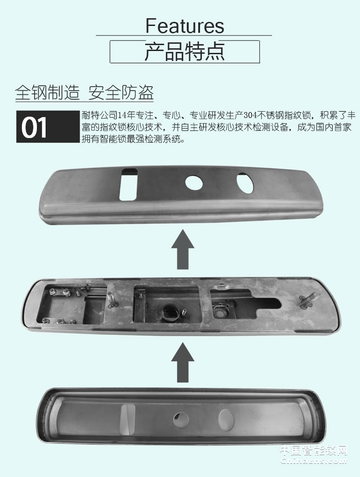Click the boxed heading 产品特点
tap(185, 52)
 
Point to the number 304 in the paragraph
tap(252, 114)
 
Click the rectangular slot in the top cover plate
tap(129, 184)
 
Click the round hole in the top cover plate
tap(194, 182)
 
